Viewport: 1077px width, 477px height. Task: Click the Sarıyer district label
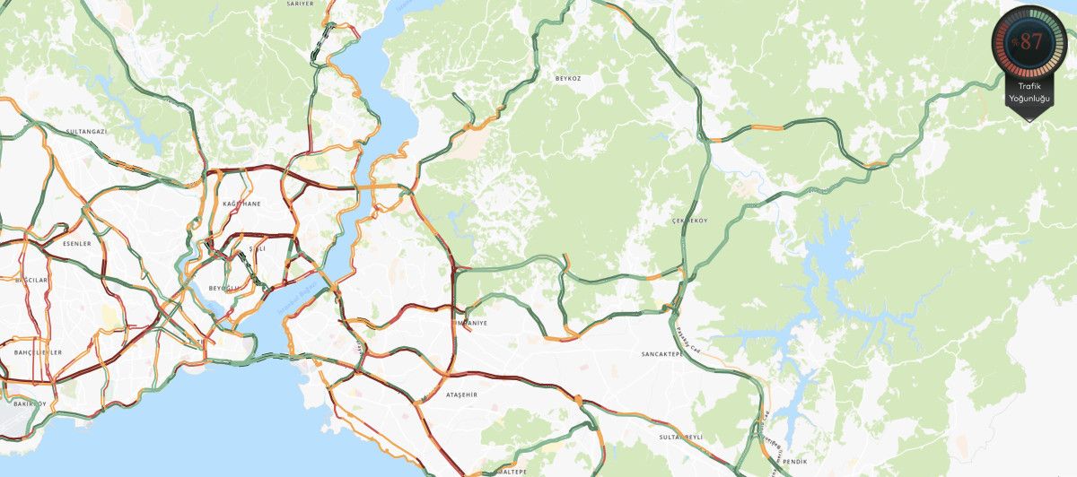click(300, 4)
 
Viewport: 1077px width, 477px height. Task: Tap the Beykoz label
click(568, 79)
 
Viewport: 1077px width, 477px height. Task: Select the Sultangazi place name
click(86, 132)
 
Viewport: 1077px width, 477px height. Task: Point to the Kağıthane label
click(241, 204)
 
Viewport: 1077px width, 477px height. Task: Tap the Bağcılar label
click(31, 281)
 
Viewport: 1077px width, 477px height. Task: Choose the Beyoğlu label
click(225, 288)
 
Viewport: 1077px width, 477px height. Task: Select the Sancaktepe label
click(663, 354)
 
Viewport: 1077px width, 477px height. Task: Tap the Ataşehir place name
click(462, 395)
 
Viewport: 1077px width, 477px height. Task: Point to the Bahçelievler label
click(39, 352)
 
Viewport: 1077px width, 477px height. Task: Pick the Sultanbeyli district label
click(679, 436)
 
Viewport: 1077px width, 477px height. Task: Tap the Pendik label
click(794, 461)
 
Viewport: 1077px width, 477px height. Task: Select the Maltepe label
click(511, 471)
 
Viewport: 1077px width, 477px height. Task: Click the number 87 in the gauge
click(1031, 41)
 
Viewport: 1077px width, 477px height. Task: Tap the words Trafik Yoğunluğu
click(1029, 91)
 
